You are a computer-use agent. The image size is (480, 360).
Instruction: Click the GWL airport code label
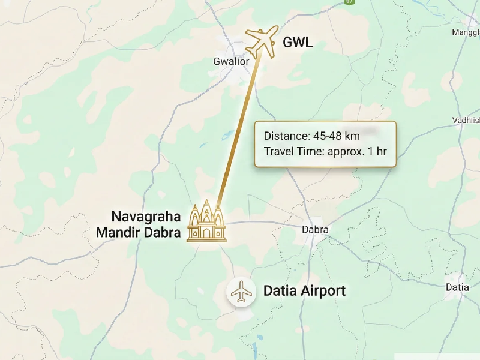point(298,43)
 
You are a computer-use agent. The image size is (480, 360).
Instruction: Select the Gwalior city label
point(231,61)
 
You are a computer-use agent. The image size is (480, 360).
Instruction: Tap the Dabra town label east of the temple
point(314,230)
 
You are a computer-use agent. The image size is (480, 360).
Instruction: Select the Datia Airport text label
point(304,292)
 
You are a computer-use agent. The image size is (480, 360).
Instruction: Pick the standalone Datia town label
point(457,287)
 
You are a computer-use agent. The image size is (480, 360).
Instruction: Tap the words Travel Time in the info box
point(293,151)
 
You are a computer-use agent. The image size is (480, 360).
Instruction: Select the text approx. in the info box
point(347,151)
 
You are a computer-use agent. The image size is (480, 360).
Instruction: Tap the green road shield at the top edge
point(350,2)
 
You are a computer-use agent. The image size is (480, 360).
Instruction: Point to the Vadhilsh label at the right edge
point(466,121)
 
